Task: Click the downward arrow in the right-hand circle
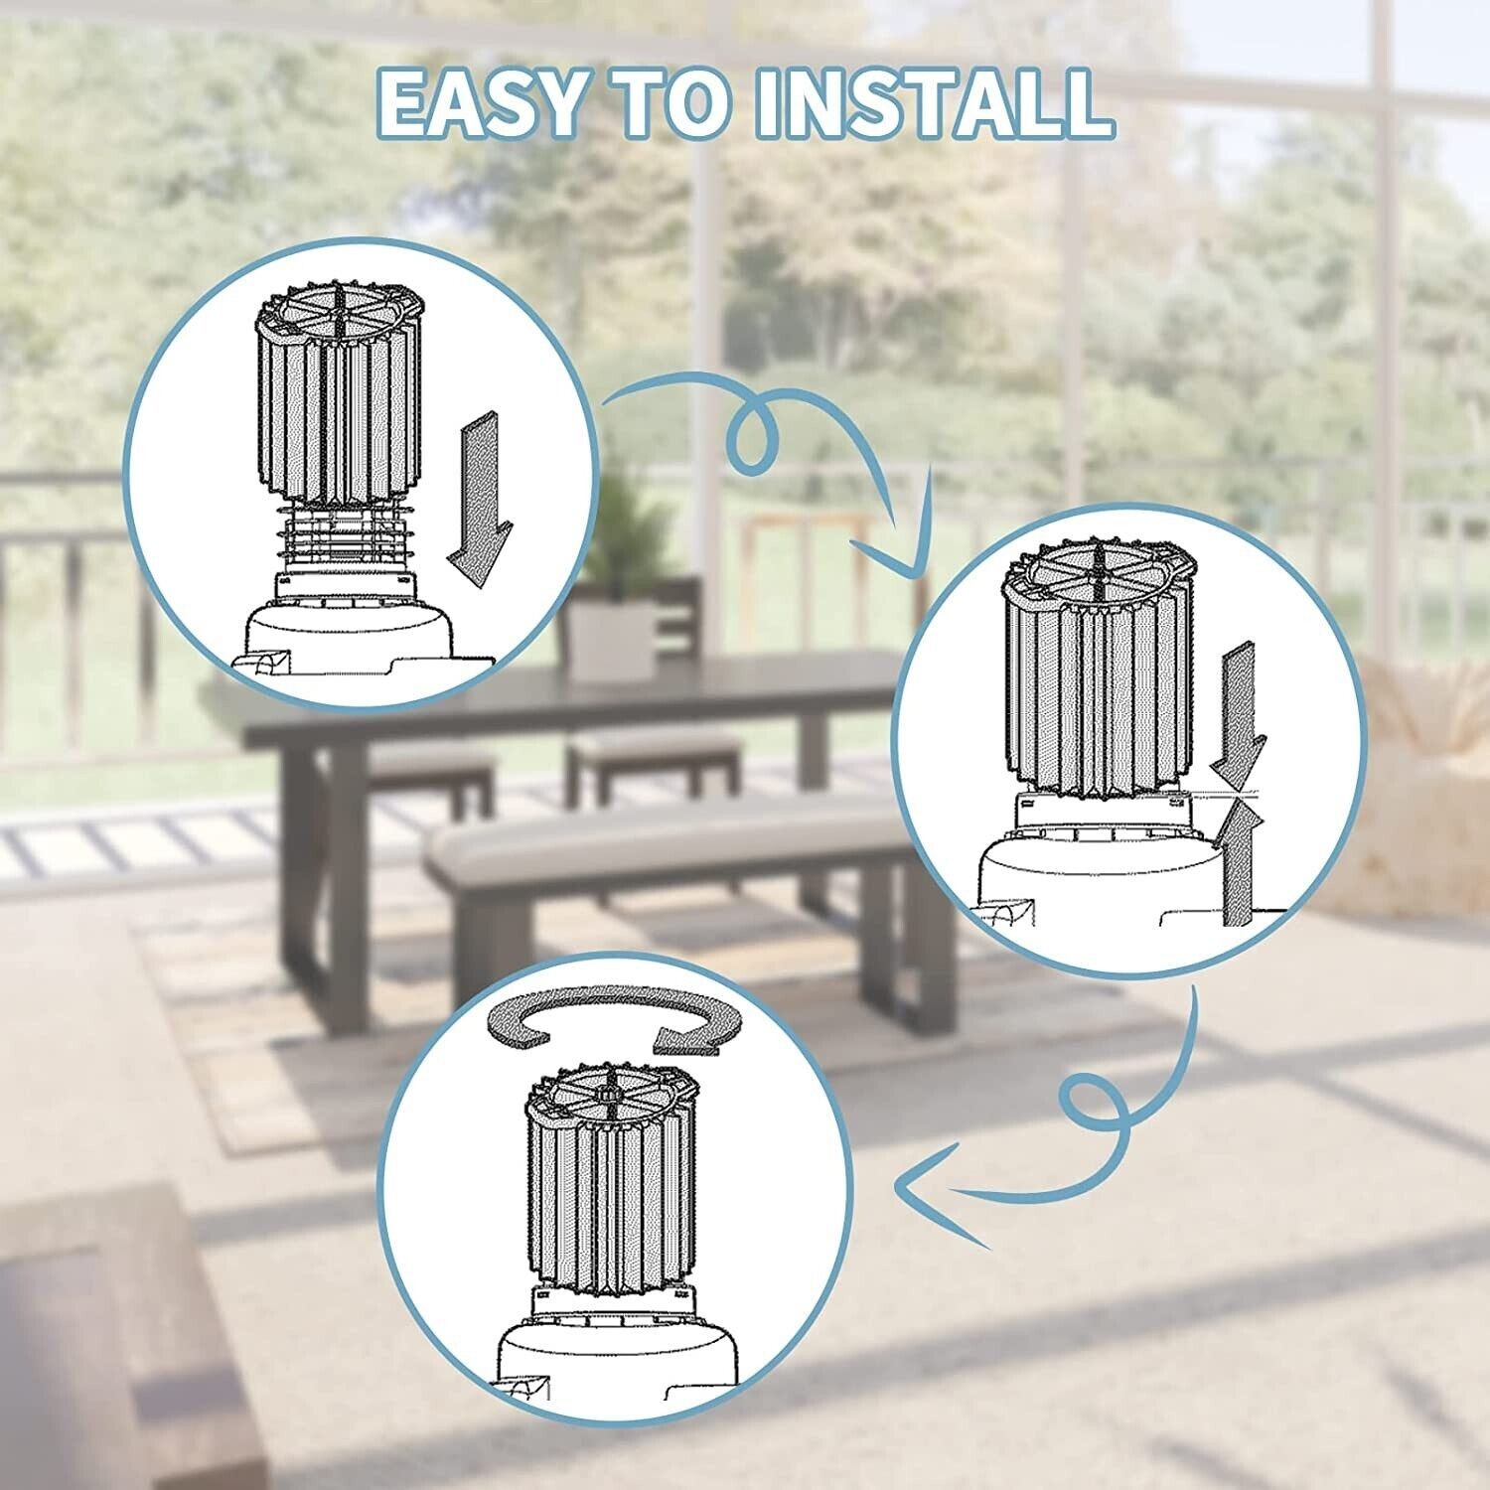tap(1239, 708)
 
